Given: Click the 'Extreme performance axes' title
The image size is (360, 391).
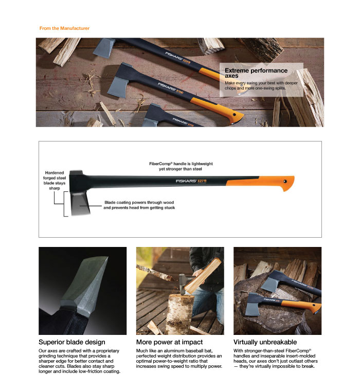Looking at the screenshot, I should tap(256, 73).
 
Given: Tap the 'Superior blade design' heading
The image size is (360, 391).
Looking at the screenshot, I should tap(72, 342).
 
